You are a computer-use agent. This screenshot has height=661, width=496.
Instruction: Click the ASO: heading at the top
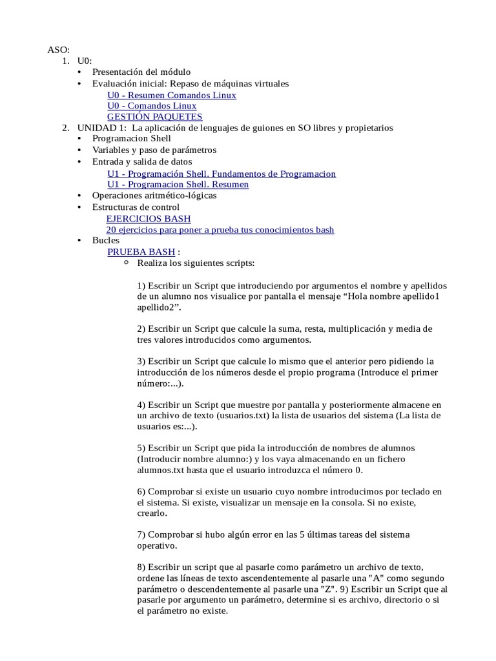pyautogui.click(x=58, y=50)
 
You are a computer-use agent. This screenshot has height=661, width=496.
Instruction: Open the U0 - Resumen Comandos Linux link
pyautogui.click(x=171, y=95)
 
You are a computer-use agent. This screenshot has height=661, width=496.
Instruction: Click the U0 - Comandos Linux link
pyautogui.click(x=152, y=106)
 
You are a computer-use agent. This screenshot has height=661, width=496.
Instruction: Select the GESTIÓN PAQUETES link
pyautogui.click(x=154, y=117)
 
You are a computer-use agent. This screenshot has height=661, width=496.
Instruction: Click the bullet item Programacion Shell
pyautogui.click(x=131, y=139)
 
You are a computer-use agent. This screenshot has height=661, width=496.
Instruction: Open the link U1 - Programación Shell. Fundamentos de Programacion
pyautogui.click(x=221, y=174)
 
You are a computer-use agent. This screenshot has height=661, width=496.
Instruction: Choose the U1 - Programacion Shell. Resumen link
pyautogui.click(x=178, y=185)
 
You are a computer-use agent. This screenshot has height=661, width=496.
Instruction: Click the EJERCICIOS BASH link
pyautogui.click(x=148, y=219)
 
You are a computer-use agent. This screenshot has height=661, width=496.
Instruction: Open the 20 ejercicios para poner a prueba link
pyautogui.click(x=220, y=230)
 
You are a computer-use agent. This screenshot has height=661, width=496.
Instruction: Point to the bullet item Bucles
pyautogui.click(x=105, y=240)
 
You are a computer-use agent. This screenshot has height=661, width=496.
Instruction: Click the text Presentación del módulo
pyautogui.click(x=141, y=72)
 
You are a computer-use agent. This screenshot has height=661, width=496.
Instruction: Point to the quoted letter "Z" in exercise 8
pyautogui.click(x=329, y=589)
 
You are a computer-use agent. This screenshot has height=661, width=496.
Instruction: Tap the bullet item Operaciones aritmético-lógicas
pyautogui.click(x=154, y=196)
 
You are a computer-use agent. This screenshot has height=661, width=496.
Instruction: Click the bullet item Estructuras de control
pyautogui.click(x=136, y=207)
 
